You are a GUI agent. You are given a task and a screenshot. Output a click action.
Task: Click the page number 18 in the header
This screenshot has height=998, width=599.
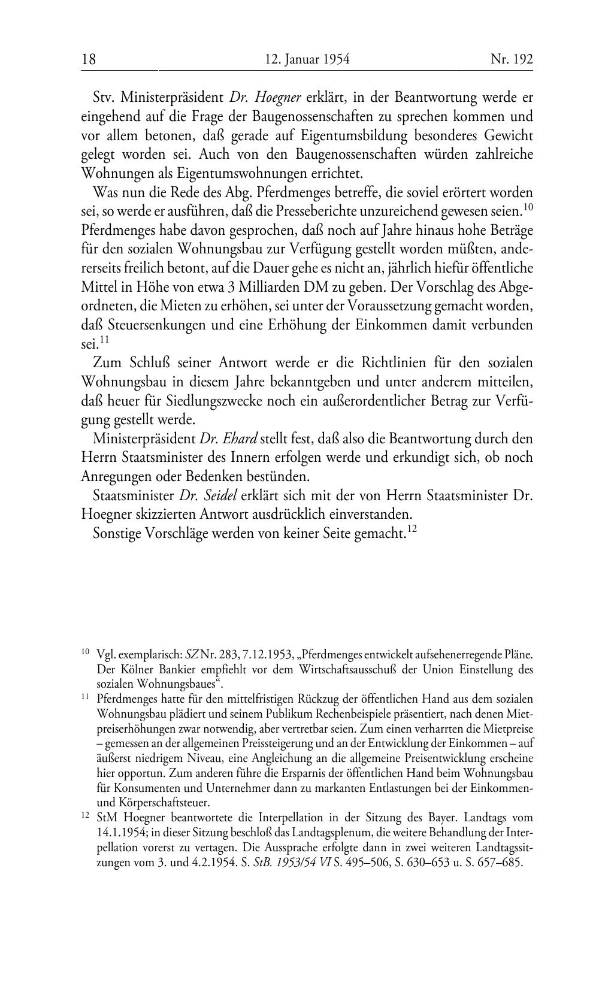89,59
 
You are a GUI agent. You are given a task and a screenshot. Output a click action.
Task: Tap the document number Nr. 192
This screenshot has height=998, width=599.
512,59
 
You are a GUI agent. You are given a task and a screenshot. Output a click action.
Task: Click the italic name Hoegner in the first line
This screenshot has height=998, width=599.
278,97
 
